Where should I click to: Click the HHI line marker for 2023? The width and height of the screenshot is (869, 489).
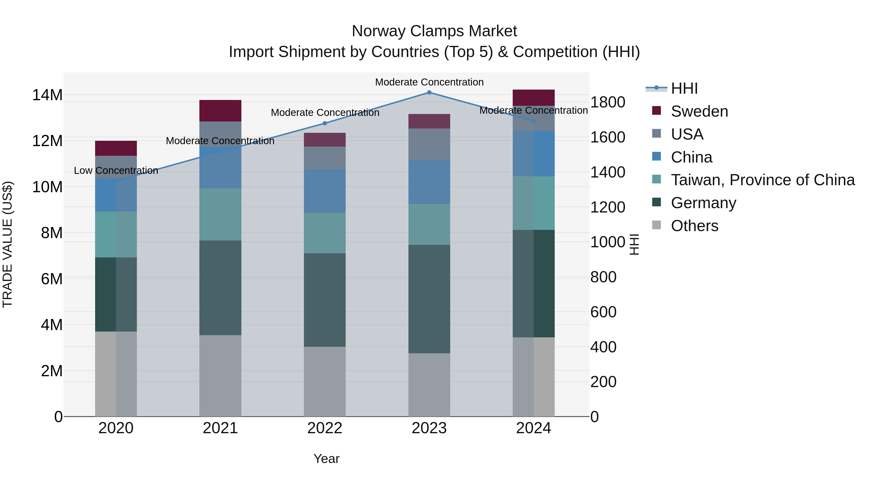(429, 92)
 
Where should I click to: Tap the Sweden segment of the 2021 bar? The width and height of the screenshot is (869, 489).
(220, 110)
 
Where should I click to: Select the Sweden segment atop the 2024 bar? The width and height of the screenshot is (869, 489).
(534, 98)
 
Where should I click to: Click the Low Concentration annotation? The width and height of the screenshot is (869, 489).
(116, 170)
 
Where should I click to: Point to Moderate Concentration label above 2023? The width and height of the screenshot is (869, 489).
(429, 82)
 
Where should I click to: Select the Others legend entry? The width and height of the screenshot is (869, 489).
(694, 226)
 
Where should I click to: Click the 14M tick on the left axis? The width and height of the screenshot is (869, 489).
(47, 95)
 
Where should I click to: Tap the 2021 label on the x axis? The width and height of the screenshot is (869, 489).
(220, 428)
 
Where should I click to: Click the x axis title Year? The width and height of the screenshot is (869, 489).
(326, 459)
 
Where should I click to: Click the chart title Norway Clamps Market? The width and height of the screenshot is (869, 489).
(434, 31)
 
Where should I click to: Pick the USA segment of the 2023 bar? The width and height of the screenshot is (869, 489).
(429, 144)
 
